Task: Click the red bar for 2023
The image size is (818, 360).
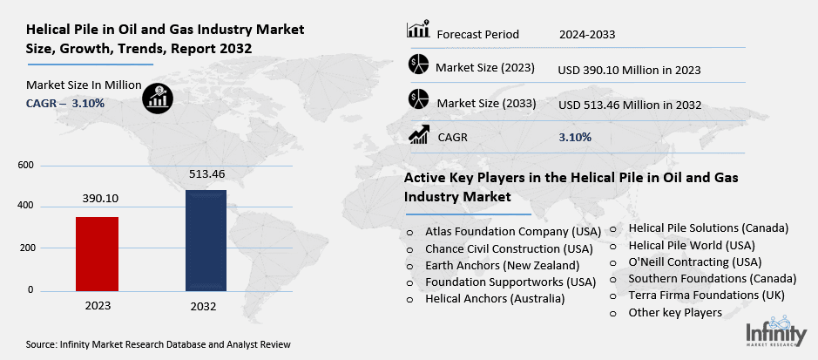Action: pos(97,253)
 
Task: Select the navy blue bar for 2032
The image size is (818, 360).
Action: pos(206,240)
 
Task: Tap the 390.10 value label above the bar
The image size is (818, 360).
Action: pos(97,199)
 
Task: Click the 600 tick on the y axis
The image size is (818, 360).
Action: pos(25,165)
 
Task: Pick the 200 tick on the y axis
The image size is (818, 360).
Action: pos(25,248)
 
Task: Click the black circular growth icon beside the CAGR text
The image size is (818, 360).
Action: pos(158,97)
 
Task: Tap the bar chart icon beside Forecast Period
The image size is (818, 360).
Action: pos(418,31)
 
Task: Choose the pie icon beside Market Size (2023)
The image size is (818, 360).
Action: pos(418,65)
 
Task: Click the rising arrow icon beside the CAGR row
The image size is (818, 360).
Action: pos(418,135)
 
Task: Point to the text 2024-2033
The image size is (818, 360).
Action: pos(587,35)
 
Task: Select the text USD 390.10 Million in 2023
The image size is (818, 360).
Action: pos(629,69)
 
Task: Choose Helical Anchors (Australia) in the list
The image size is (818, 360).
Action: pos(495,298)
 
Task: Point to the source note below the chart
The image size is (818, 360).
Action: pos(158,345)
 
